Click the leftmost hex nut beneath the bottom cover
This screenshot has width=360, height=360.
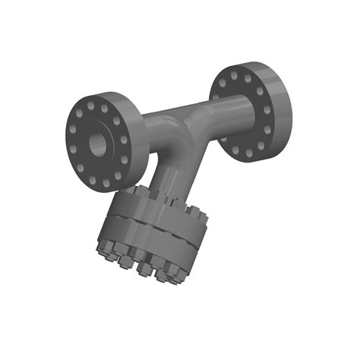point(104,251)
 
